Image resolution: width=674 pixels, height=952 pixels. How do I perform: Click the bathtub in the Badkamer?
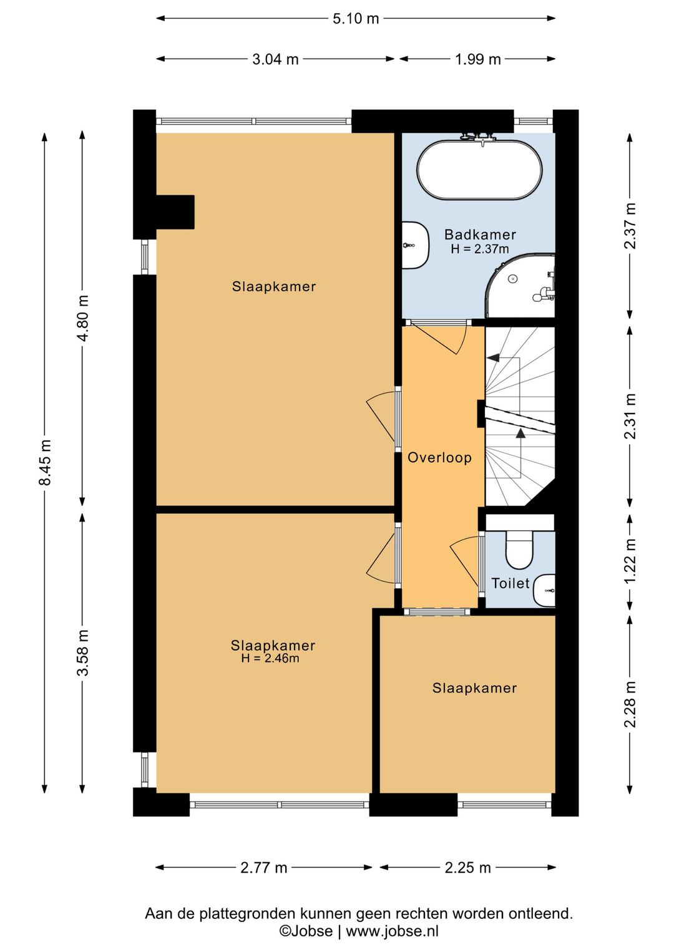tap(479, 170)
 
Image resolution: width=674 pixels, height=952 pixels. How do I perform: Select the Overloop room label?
tap(440, 458)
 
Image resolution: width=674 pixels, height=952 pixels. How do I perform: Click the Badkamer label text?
tap(480, 234)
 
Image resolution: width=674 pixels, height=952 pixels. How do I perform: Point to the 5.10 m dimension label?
tap(356, 19)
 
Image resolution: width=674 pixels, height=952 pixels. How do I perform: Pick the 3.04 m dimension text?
tap(276, 59)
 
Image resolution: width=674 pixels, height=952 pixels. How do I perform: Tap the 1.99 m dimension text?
tap(478, 59)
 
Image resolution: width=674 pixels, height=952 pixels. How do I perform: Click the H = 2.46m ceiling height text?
tap(270, 658)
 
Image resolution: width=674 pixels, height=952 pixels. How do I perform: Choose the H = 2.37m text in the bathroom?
tap(480, 249)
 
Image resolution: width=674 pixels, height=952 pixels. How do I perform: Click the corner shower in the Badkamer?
tap(520, 285)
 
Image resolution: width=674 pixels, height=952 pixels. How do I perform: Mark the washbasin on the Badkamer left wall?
tap(415, 245)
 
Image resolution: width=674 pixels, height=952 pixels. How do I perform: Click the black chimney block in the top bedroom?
tap(175, 212)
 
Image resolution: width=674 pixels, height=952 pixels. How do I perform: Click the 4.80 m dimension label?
tap(84, 318)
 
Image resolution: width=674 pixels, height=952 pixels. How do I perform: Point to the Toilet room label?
tap(510, 583)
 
